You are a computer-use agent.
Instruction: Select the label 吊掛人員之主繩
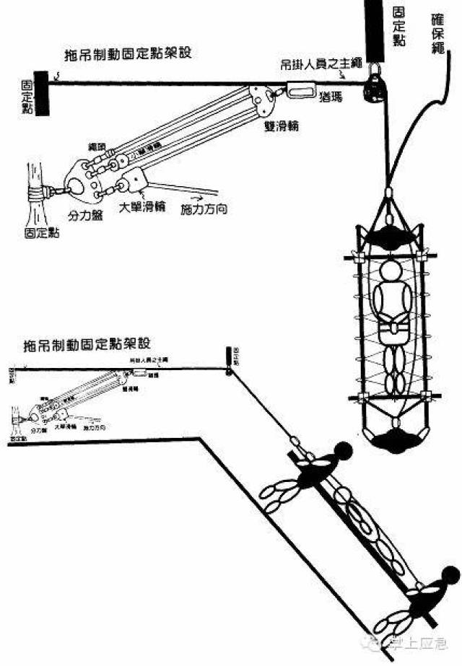coord(315,63)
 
